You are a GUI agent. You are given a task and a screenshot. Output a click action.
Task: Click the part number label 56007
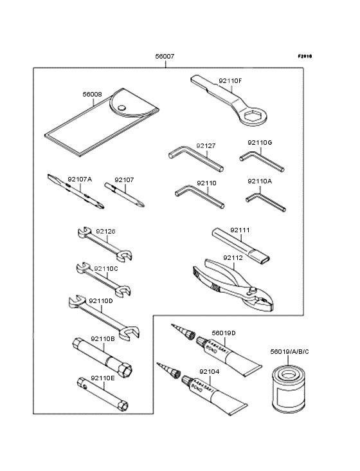click(165, 57)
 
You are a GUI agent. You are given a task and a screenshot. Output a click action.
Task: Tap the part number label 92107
click(124, 180)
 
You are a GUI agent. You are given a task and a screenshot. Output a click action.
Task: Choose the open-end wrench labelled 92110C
click(103, 277)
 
